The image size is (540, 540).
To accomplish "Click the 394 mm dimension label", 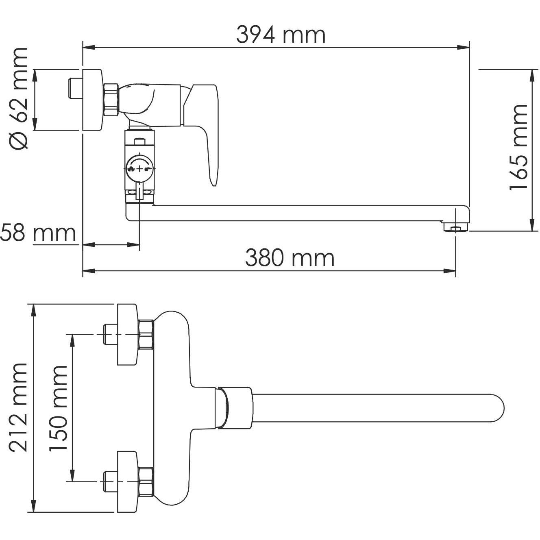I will coord(281,35).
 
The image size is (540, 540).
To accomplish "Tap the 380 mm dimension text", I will coord(290,258).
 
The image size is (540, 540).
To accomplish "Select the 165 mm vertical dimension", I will coord(519,147).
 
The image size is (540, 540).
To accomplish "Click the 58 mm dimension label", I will coord(38,233).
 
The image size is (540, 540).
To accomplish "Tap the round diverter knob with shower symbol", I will coord(139,168).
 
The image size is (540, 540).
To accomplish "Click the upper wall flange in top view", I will coord(128,334).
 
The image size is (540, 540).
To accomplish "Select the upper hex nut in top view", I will coord(146,335).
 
